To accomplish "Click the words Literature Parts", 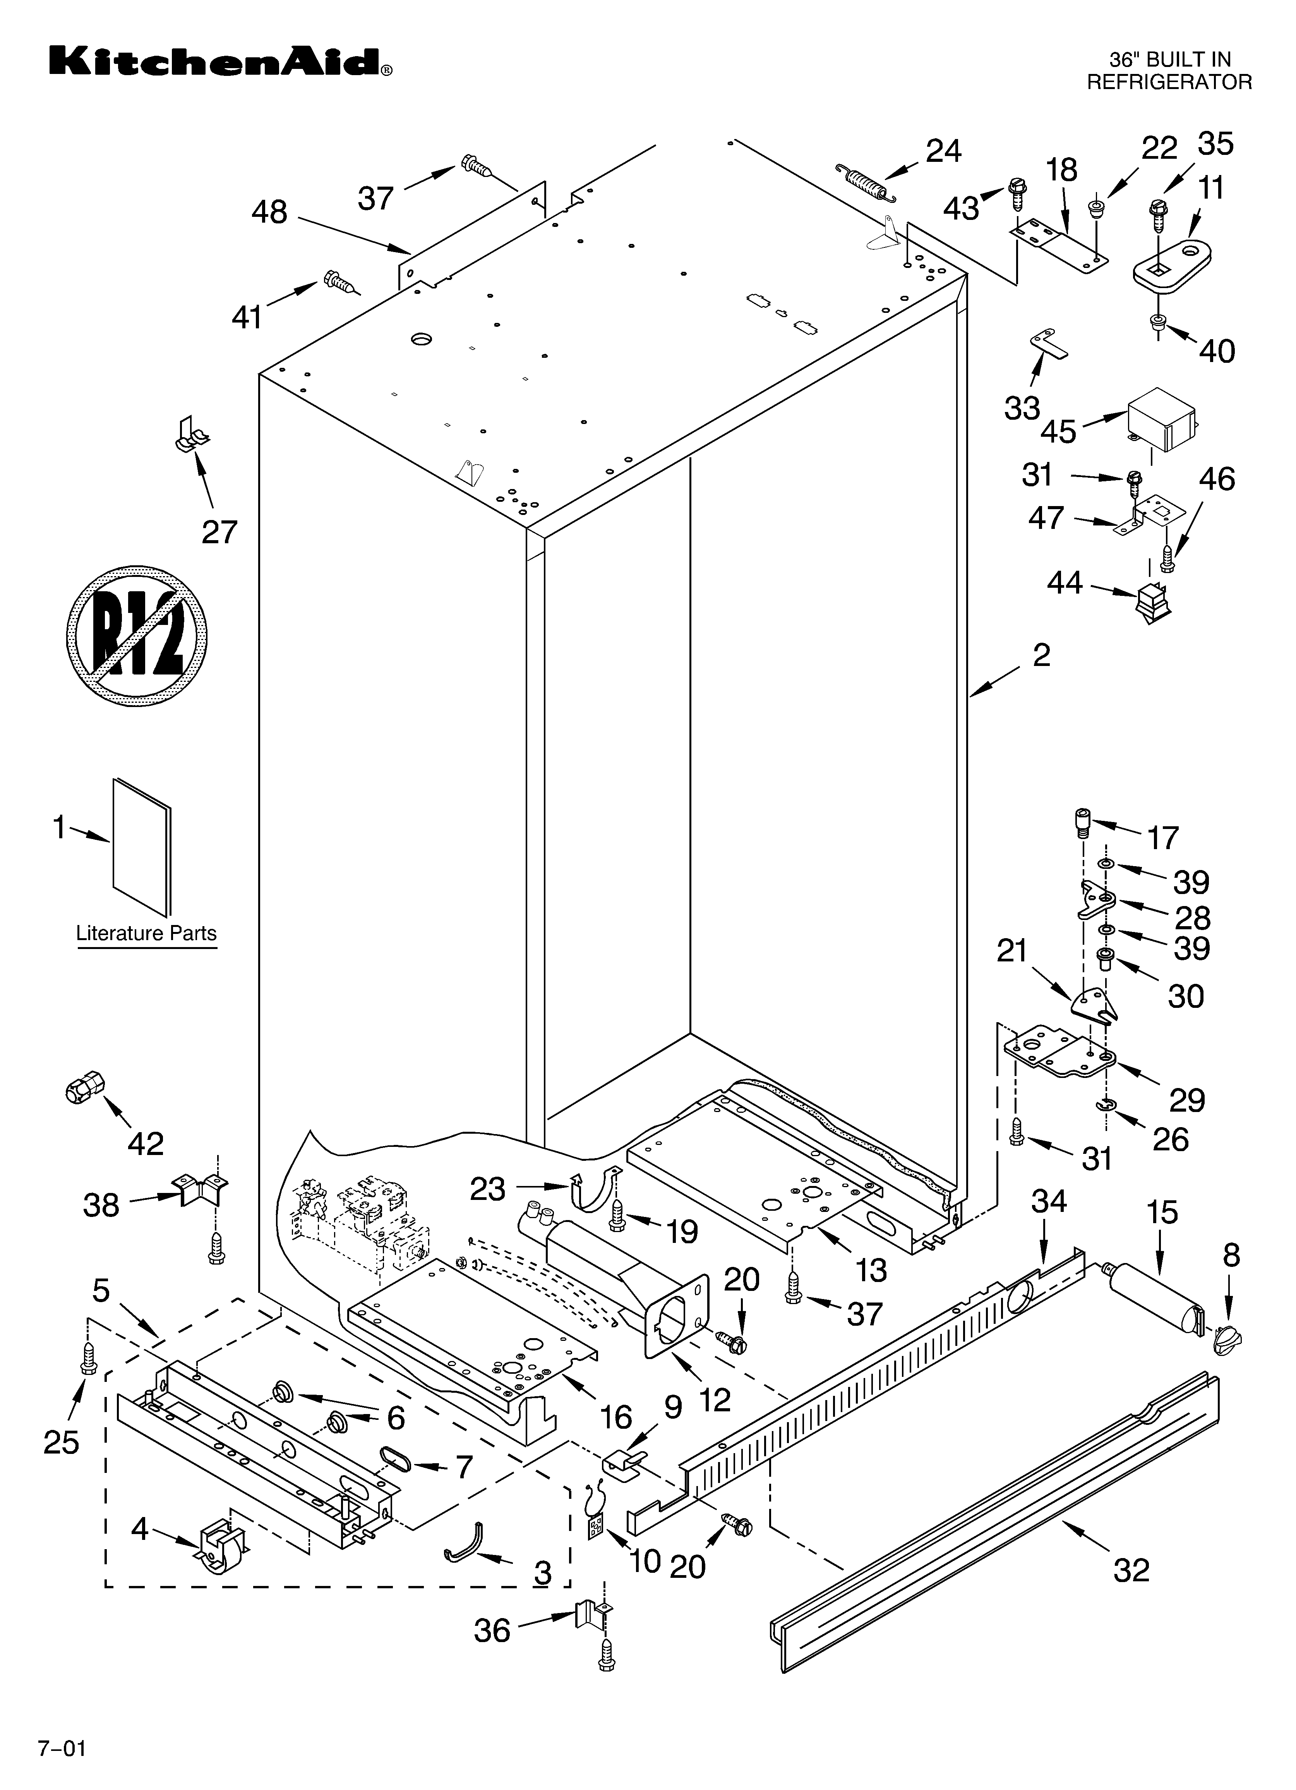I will (146, 933).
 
